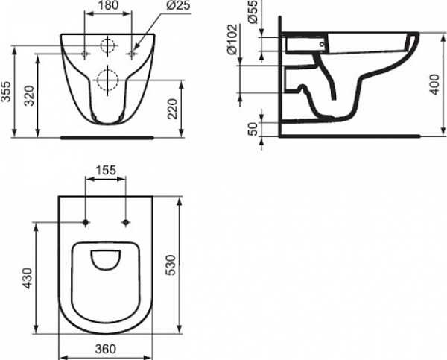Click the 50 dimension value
click(253, 125)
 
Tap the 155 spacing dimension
click(106, 171)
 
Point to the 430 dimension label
click(29, 278)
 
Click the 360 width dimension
click(106, 348)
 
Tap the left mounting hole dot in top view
click(87, 223)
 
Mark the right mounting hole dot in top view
click(125, 223)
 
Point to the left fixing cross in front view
click(86, 54)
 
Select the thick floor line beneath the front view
click(107, 137)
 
